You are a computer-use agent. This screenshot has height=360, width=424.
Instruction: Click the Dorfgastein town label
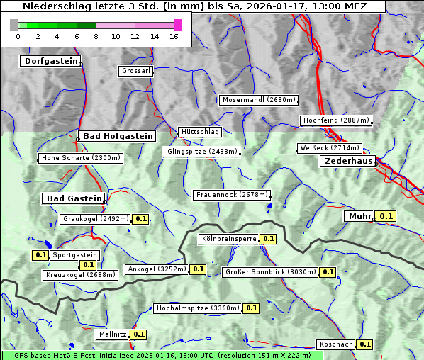[x=50, y=62]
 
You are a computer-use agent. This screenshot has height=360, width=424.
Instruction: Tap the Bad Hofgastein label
[x=117, y=136]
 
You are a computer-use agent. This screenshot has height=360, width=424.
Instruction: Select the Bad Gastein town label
[x=74, y=198]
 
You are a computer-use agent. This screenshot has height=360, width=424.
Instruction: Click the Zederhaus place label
[x=348, y=162]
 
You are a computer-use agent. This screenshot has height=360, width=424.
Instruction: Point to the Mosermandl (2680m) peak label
[x=259, y=100]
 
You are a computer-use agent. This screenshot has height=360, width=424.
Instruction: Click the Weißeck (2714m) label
[x=329, y=148]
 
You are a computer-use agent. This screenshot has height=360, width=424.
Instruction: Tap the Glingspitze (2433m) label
[x=202, y=152]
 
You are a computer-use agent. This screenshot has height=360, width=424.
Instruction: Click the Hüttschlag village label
[x=200, y=132]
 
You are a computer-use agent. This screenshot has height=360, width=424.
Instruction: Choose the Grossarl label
[x=135, y=72]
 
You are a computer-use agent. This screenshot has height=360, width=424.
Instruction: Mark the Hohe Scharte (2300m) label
[x=81, y=158]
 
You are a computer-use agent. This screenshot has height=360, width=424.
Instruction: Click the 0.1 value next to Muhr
[x=386, y=216]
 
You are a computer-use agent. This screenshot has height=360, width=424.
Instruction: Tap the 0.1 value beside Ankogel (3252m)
[x=198, y=269]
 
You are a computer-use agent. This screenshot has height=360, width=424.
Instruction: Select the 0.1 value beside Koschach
[x=364, y=344]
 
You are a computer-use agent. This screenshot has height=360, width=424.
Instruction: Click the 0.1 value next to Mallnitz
[x=138, y=334]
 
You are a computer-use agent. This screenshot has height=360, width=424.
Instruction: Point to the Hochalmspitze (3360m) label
[x=197, y=308]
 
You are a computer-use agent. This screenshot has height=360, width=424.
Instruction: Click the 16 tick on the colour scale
[x=174, y=36]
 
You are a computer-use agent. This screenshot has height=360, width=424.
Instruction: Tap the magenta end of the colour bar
[x=177, y=25]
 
